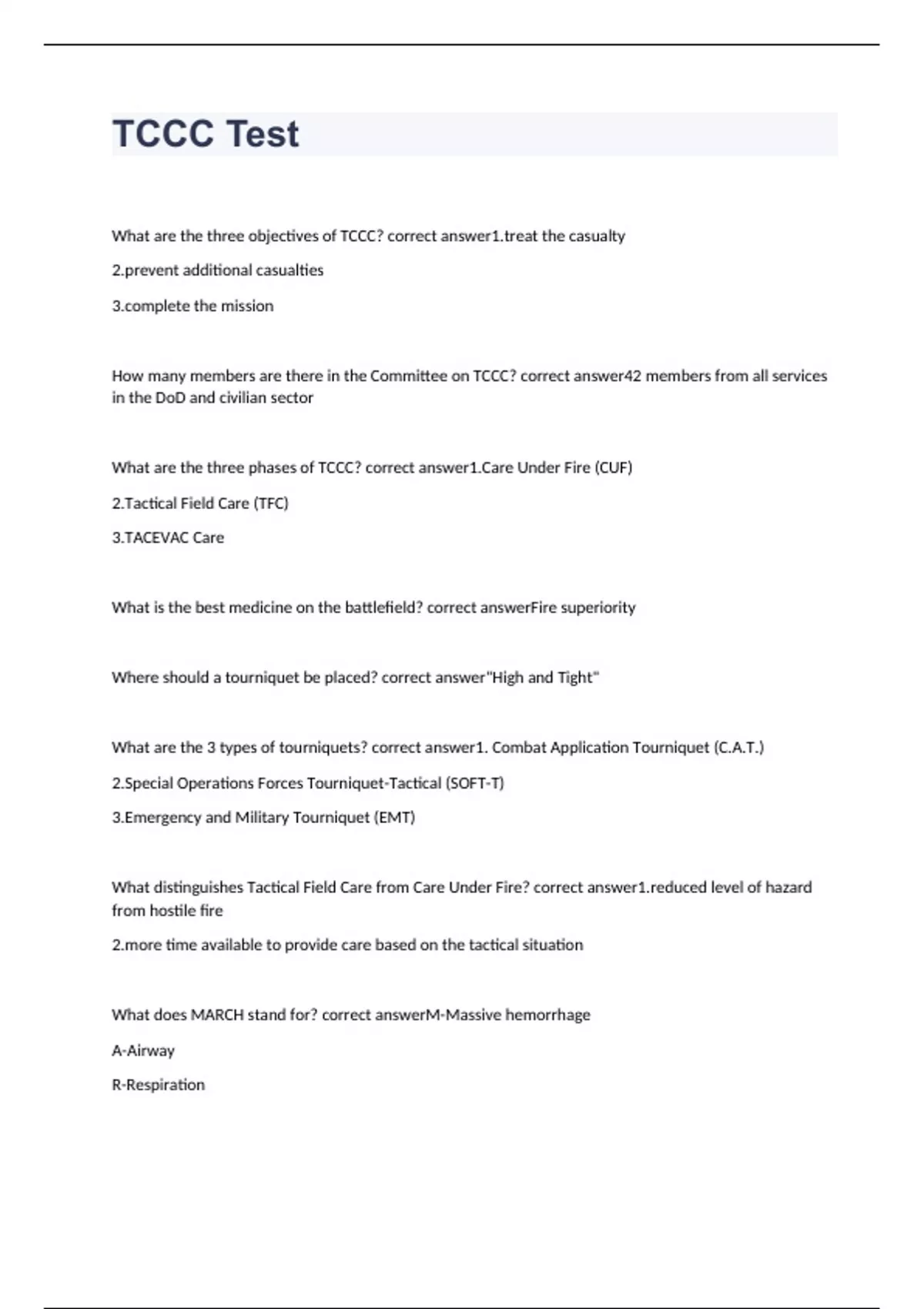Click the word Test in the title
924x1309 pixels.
(262, 134)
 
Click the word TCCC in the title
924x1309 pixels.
(163, 134)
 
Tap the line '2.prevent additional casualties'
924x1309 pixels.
(217, 270)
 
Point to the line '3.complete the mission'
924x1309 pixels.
(192, 306)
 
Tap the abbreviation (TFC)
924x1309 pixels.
(270, 503)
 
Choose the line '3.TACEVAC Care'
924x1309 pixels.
(168, 537)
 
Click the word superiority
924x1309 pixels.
(598, 608)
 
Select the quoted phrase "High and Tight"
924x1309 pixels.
(544, 678)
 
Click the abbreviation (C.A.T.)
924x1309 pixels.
(738, 748)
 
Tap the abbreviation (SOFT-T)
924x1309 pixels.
(474, 783)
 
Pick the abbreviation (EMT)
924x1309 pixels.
(394, 818)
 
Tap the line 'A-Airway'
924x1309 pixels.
(143, 1050)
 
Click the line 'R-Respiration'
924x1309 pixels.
(158, 1085)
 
